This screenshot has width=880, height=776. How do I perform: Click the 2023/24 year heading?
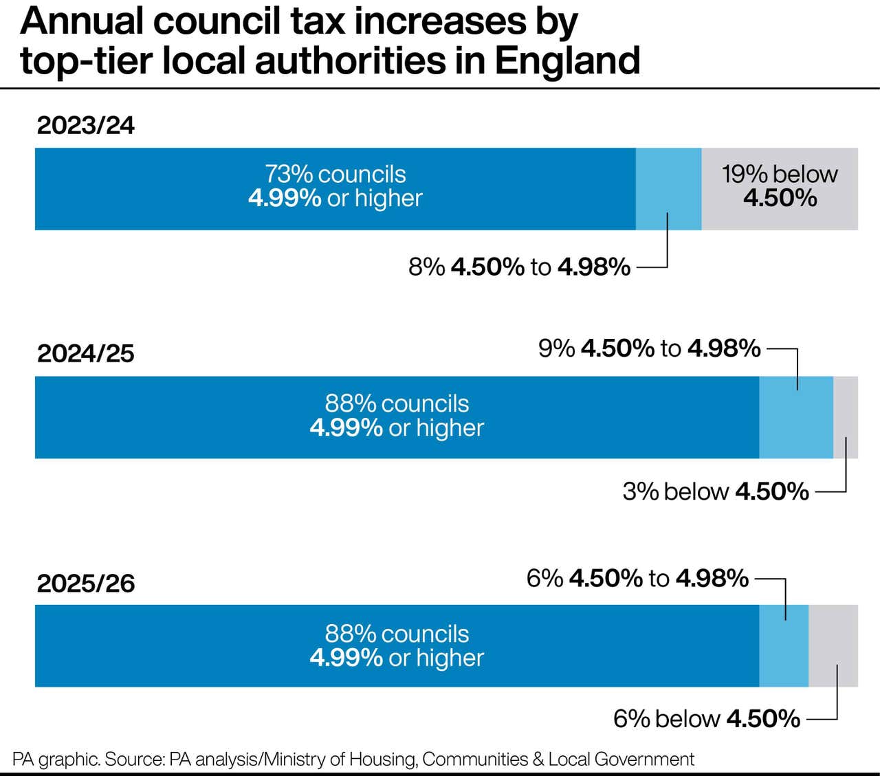tap(86, 126)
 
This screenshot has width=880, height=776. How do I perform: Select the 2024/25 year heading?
tap(86, 354)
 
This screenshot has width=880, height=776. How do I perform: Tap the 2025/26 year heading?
tap(86, 584)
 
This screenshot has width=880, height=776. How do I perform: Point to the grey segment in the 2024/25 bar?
tap(846, 417)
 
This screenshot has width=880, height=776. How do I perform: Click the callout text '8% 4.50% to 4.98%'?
tap(519, 267)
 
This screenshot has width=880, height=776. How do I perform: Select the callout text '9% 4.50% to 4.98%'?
tap(649, 348)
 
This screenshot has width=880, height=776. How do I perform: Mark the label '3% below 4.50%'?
tap(716, 491)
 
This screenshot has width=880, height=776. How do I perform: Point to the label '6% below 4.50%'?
tap(707, 719)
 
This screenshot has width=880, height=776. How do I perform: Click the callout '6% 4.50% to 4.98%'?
tap(637, 578)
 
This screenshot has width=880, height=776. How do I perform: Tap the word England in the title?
tap(568, 60)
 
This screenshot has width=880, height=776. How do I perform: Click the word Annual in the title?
tap(82, 22)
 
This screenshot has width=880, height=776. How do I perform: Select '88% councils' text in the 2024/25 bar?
tap(397, 403)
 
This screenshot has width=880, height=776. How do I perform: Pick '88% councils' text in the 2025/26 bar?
tap(397, 634)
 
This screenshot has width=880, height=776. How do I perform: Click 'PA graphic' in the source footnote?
tap(55, 760)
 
